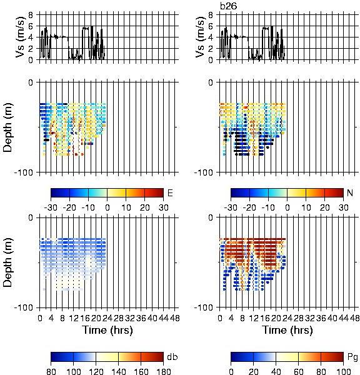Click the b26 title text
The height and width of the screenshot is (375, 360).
[229, 6]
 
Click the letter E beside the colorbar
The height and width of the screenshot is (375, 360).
[170, 192]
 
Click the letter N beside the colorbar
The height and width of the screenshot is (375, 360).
[350, 192]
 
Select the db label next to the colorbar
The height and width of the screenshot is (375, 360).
[172, 357]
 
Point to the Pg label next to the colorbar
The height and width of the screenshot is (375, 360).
[352, 357]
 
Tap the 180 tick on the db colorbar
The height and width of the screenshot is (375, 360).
[163, 371]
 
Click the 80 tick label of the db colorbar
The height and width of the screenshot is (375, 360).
[51, 371]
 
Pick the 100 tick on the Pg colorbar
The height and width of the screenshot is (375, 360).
[344, 371]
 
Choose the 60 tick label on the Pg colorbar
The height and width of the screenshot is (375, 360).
[298, 371]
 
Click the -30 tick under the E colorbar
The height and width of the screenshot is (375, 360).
[51, 207]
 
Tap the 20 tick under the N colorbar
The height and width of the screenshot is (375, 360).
[324, 207]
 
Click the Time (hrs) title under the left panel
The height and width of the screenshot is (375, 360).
[107, 330]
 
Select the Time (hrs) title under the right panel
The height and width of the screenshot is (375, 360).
[287, 330]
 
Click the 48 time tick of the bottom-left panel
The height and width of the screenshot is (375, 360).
[174, 318]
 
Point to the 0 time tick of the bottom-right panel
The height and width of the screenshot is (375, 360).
[220, 318]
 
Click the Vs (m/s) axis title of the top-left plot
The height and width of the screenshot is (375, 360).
[20, 37]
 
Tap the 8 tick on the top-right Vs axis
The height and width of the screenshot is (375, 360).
[211, 15]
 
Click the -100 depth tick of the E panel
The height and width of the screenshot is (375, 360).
[24, 172]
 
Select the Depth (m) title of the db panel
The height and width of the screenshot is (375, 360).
[7, 262]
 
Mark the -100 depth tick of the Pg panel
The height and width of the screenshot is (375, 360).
[203, 307]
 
